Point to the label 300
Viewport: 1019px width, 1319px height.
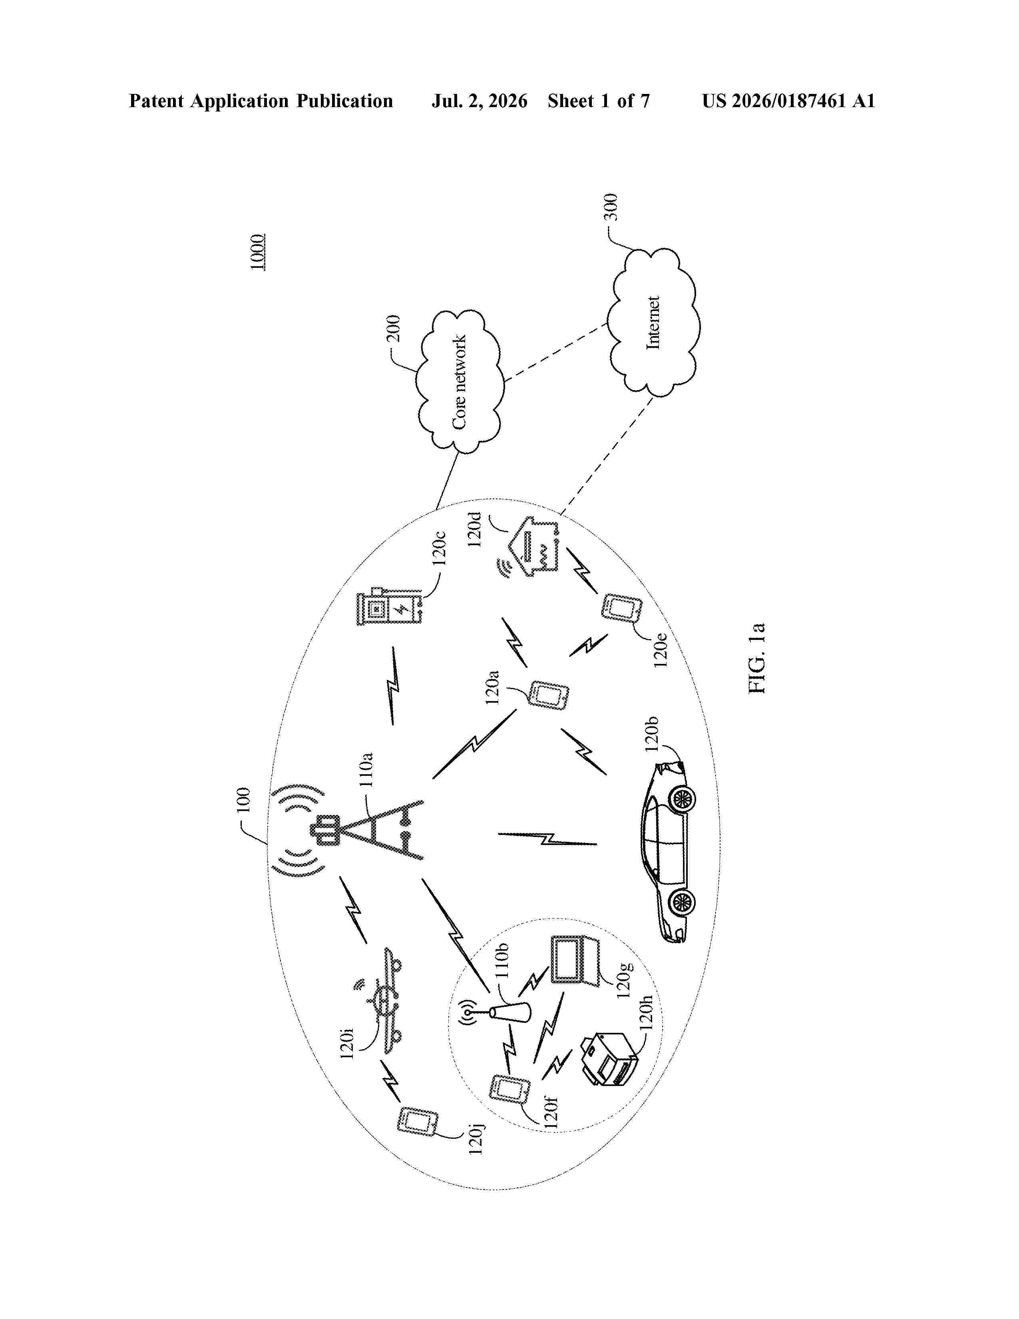(x=611, y=207)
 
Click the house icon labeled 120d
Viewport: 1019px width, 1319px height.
(x=528, y=546)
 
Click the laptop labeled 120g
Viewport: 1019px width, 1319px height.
(x=575, y=961)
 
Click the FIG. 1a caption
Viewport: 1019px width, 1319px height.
(x=757, y=658)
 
